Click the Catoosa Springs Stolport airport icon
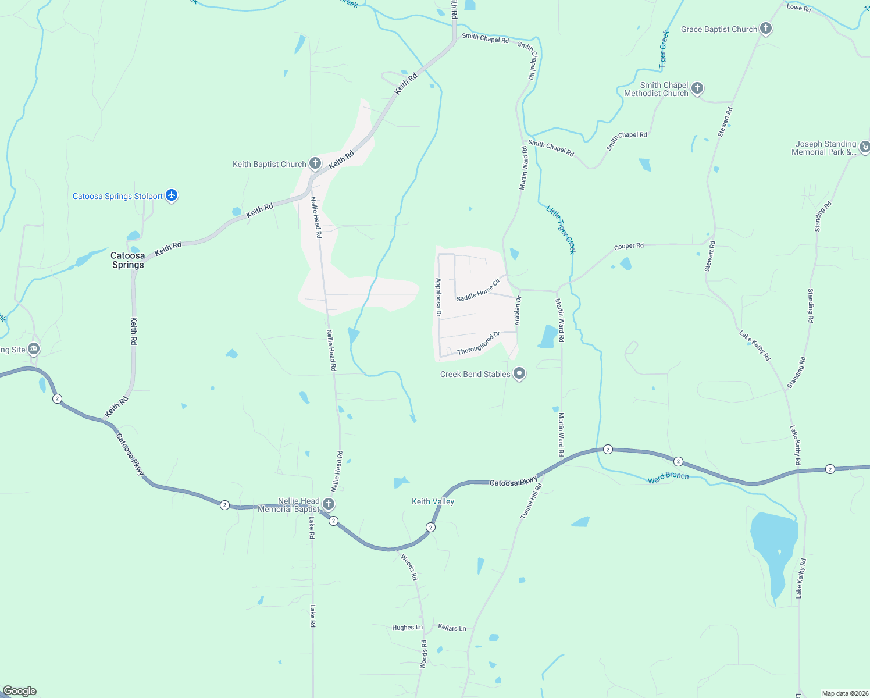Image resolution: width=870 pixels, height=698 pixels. point(171,195)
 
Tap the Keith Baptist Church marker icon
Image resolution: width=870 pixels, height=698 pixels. point(315,163)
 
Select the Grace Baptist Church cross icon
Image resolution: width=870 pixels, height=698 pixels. point(766,29)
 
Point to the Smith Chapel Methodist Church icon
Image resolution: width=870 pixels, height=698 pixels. point(697,88)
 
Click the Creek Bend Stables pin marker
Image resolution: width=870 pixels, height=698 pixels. point(519,373)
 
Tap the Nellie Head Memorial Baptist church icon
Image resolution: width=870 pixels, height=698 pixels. point(329,504)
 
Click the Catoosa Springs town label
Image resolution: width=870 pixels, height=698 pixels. point(128,260)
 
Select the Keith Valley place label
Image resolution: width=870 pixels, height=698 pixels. point(433,501)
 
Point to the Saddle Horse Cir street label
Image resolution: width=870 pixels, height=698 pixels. point(478,290)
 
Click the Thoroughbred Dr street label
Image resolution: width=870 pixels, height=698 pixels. point(479,343)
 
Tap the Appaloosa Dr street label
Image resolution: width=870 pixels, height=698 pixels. point(439,297)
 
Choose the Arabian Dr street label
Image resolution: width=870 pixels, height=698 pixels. point(518,310)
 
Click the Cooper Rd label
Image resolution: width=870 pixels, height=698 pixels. point(629,246)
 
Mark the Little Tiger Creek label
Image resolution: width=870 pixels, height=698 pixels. point(561,229)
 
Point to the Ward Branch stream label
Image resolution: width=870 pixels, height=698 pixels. point(668,478)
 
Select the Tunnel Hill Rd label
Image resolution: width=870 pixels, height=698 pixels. point(530,501)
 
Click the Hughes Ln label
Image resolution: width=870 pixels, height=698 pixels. point(407,628)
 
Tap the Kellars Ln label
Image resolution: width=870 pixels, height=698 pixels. point(452,628)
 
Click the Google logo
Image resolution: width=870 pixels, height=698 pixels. point(20,691)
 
